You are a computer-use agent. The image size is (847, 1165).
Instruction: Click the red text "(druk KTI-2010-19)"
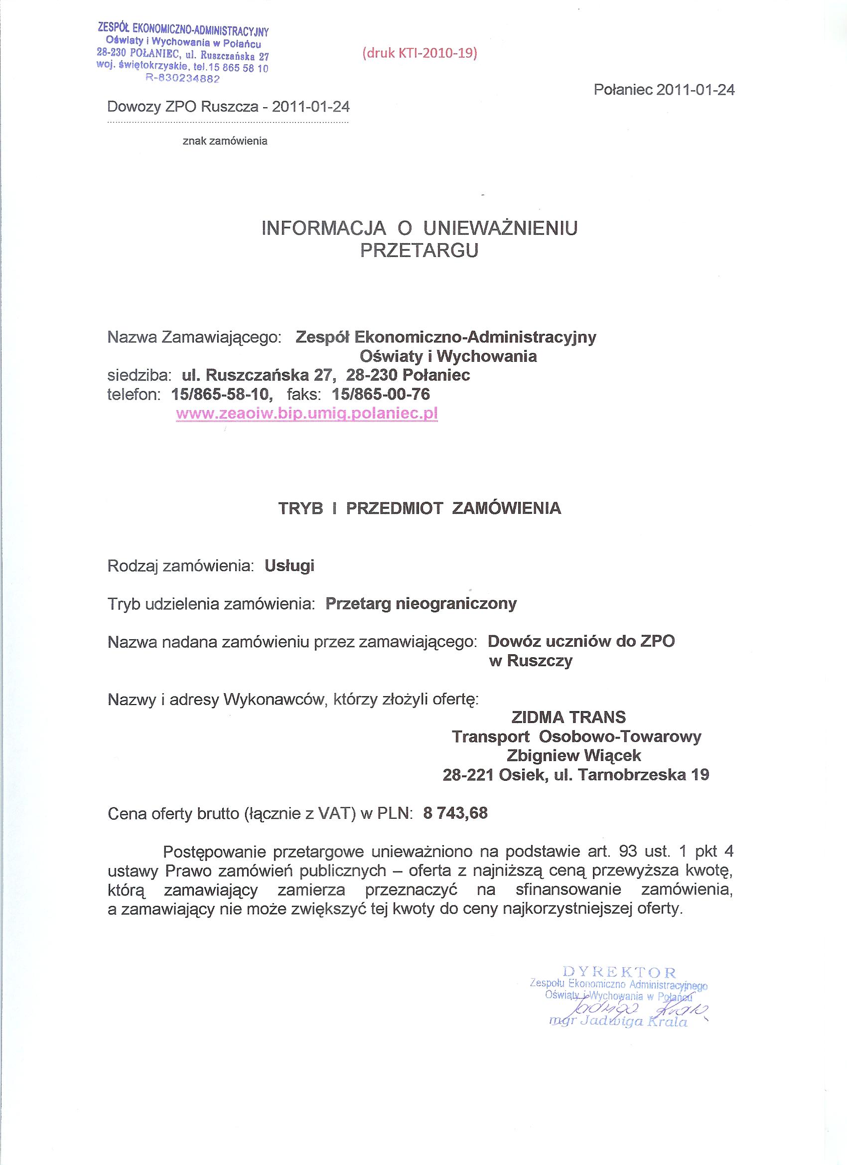click(420, 53)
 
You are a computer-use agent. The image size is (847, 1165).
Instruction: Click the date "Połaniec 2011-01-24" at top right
click(664, 90)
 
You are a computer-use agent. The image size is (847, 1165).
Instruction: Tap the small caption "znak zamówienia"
click(225, 141)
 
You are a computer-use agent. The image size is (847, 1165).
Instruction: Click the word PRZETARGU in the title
click(419, 250)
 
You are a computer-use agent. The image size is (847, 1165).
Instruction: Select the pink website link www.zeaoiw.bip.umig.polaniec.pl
click(306, 414)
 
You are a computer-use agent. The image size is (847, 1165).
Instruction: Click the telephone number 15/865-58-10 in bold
click(221, 394)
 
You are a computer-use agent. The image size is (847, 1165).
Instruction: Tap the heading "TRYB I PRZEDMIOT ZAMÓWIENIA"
click(419, 508)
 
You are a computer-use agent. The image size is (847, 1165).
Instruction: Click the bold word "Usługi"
click(289, 566)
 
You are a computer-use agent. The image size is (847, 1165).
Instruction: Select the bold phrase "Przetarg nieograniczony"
click(421, 603)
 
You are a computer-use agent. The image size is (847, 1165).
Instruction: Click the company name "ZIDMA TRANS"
click(568, 717)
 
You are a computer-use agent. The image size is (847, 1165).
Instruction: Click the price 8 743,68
click(455, 813)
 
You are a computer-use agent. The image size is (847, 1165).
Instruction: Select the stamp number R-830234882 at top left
click(183, 79)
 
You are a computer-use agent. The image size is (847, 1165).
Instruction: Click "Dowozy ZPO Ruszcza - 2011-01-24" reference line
click(228, 107)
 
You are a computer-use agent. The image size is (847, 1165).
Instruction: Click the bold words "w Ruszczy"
click(531, 661)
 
